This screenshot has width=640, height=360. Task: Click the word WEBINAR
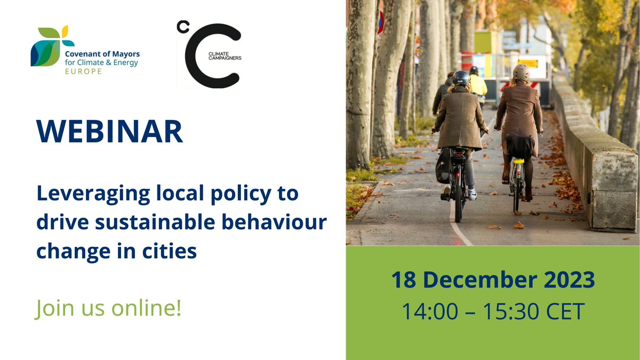pyautogui.click(x=110, y=132)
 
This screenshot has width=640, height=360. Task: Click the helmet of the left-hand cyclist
pyautogui.click(x=461, y=78)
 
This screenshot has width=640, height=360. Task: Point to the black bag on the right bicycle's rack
pyautogui.click(x=519, y=145)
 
